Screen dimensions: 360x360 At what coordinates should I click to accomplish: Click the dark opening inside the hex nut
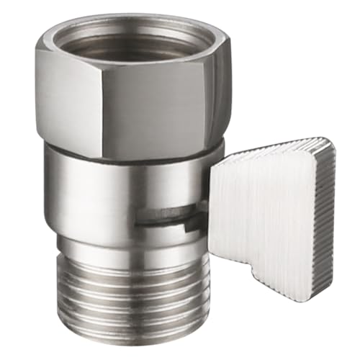137,40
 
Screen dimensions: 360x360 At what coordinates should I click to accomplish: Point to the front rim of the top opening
137,63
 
